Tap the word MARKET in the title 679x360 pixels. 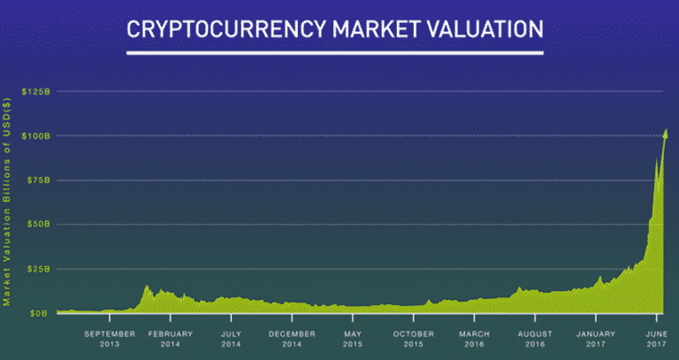tap(377, 29)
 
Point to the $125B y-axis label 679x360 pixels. tap(36, 91)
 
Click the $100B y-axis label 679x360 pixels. tap(36, 136)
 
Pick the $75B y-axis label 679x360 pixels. tap(38, 180)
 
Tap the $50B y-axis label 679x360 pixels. tap(38, 225)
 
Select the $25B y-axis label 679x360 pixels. tap(38, 269)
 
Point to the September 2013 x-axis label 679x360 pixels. tap(110, 339)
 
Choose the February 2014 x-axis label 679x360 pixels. tap(170, 339)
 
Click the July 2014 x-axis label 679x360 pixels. tap(232, 339)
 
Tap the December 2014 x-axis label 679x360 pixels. tap(292, 339)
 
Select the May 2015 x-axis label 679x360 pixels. tap(353, 339)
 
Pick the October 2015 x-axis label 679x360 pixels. tap(414, 339)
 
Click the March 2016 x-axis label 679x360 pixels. tap(474, 339)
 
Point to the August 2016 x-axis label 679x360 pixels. tap(535, 339)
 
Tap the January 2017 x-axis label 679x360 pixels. tap(596, 339)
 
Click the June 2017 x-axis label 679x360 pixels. tap(657, 339)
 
